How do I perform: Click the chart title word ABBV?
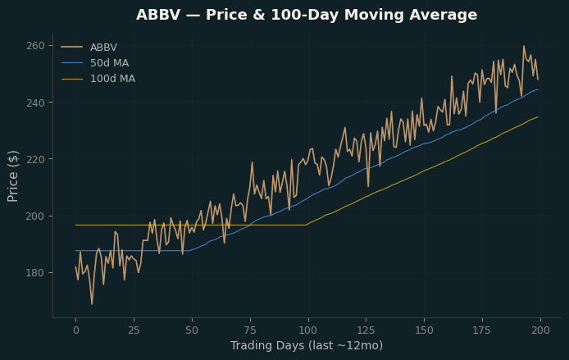coord(158,15)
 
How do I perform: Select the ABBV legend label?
coord(103,48)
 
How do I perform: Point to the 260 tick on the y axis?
coord(35,46)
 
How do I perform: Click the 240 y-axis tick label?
coord(35,103)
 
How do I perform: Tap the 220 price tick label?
coord(35,159)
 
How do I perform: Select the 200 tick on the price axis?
coord(35,216)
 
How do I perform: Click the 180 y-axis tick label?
coord(35,272)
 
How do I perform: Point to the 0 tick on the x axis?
coord(76,330)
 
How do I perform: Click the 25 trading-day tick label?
coord(134,330)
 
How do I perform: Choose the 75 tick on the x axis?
coord(250,330)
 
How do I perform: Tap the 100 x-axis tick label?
coord(308,330)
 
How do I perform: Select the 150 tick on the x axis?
coord(424,330)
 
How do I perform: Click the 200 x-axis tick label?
coord(540,330)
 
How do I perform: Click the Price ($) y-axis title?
coord(12,176)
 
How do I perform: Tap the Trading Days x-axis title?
coord(307,345)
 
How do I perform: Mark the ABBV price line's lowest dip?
coord(92,304)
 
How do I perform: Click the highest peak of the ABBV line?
coord(524,46)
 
